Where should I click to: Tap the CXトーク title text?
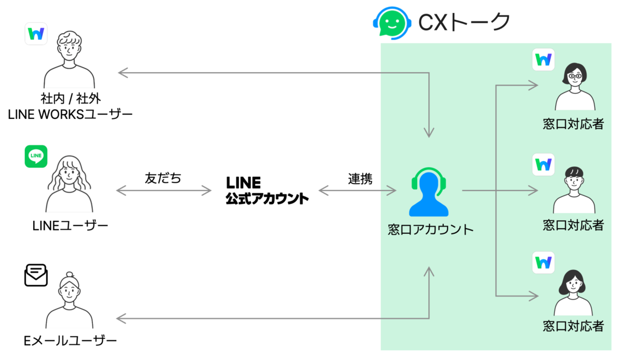tap(464, 22)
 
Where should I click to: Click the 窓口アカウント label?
tap(430, 229)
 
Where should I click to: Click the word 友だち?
tap(163, 178)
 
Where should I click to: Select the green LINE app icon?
tap(36, 156)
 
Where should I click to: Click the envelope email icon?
tap(36, 275)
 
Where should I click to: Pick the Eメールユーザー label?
tap(70, 341)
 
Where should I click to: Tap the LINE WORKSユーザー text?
tap(70, 114)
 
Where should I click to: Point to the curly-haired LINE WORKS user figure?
tap(70, 60)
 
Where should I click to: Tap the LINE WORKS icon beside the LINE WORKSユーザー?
tap(36, 34)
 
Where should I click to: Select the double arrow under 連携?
tap(357, 191)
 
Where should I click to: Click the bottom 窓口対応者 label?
tap(573, 326)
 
